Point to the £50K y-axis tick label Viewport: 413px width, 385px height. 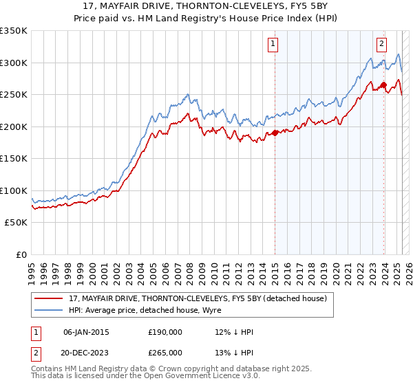(x=15, y=223)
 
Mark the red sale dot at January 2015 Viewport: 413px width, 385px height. (x=275, y=133)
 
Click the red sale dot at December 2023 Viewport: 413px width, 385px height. (x=383, y=85)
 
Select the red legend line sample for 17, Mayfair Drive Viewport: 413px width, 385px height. (x=48, y=298)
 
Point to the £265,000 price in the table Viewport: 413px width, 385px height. (x=165, y=351)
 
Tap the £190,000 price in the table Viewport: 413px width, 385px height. (x=165, y=332)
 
